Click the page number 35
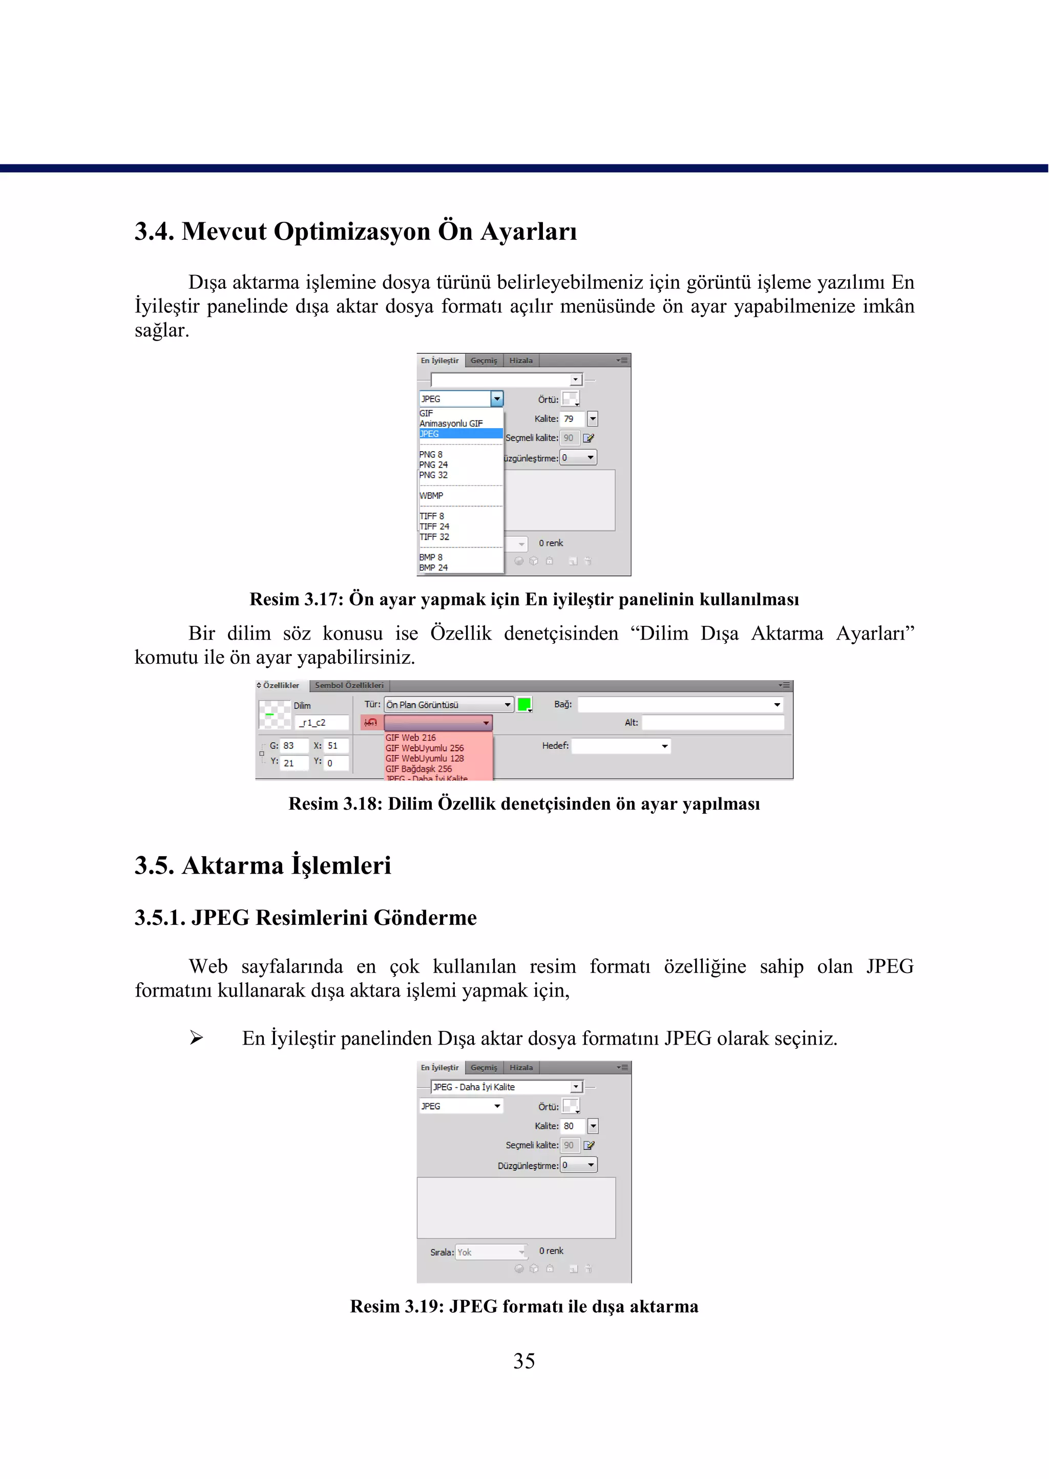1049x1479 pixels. click(524, 1361)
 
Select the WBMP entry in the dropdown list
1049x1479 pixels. click(431, 495)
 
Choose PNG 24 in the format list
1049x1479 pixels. click(433, 464)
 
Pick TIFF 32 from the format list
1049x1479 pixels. click(434, 537)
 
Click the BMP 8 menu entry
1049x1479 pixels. click(431, 557)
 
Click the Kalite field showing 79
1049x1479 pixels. click(572, 418)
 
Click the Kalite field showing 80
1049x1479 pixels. click(572, 1126)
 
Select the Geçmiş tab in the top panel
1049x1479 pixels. click(484, 361)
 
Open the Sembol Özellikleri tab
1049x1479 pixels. click(349, 685)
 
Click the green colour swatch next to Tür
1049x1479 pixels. click(524, 705)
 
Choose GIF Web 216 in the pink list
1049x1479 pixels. click(411, 737)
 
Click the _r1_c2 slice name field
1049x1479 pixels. click(322, 723)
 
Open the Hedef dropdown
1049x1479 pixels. click(621, 747)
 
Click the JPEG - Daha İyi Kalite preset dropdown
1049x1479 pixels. click(507, 1087)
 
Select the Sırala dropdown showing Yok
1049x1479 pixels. click(491, 1252)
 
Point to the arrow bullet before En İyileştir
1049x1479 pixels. click(196, 1038)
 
